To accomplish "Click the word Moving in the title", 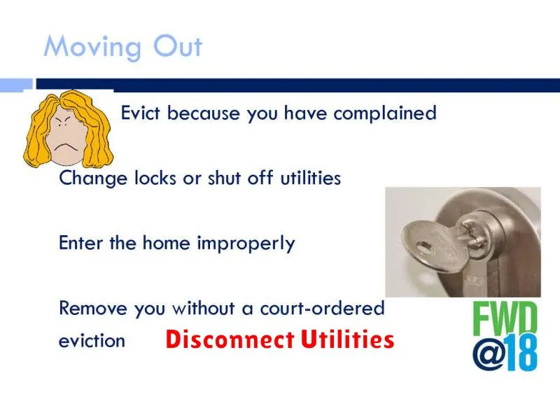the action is coord(92,48).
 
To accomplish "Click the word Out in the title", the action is coord(178,45).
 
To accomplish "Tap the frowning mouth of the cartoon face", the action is coord(66,146).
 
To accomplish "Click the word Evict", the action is coord(141,113).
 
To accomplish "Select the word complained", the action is coord(385,113).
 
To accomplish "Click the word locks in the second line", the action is coord(155,178).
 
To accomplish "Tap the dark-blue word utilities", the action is coord(310,178).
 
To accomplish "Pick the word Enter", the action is coord(81,243).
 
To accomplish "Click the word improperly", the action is coord(246,244).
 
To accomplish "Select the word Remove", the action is coord(93,308).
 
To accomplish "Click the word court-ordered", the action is coord(322,308).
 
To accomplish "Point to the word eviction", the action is coord(92,341).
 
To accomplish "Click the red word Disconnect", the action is coord(230,339).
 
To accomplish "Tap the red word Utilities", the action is coord(347,339).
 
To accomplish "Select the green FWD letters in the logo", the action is coord(505,319).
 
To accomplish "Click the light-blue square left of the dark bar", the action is coord(16,85).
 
